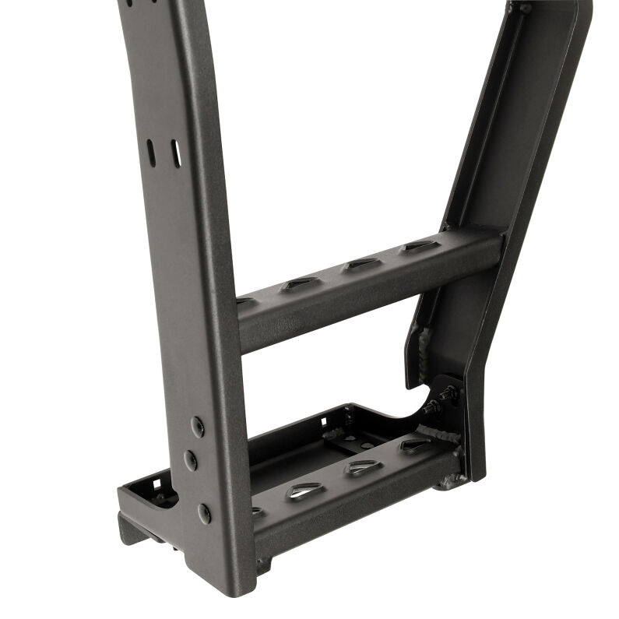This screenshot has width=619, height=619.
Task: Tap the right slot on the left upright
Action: pyautogui.click(x=175, y=153)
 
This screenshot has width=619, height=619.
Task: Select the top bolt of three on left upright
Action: pyautogui.click(x=197, y=425)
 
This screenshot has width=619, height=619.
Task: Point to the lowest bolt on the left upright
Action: pyautogui.click(x=203, y=512)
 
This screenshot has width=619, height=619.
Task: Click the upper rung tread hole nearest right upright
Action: pyautogui.click(x=419, y=246)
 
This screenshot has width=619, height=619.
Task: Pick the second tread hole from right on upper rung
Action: pyautogui.click(x=362, y=263)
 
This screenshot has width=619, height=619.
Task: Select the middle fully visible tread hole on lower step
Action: pyautogui.click(x=361, y=468)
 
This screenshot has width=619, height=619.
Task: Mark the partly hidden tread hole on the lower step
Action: pyautogui.click(x=257, y=512)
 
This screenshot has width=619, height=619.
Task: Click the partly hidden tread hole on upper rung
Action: pyautogui.click(x=244, y=300)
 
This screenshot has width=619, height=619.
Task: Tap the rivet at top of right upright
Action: pyautogui.click(x=526, y=8)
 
